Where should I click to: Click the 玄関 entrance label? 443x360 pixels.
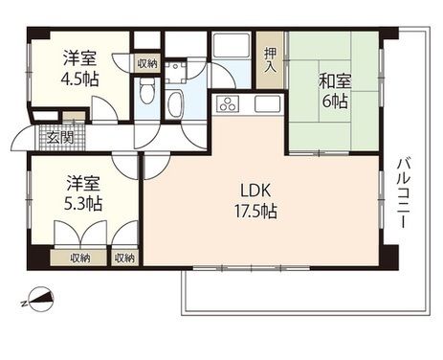click(x=60, y=138)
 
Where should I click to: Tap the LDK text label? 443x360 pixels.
click(x=255, y=191)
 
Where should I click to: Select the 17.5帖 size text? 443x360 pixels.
click(x=255, y=212)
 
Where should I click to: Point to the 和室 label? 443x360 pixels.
click(x=335, y=81)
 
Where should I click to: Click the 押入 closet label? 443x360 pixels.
click(x=271, y=59)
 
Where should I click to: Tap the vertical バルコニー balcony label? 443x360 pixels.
click(x=404, y=192)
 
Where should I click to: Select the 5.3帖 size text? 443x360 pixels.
click(x=83, y=204)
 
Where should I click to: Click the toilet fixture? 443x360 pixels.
click(x=146, y=91)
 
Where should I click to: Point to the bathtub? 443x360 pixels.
click(x=175, y=104)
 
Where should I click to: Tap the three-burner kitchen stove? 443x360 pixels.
click(x=228, y=103)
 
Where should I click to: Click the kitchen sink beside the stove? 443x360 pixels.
click(x=267, y=103)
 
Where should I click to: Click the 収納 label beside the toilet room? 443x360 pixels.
click(x=147, y=63)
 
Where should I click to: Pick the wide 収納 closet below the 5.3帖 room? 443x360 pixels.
click(x=78, y=258)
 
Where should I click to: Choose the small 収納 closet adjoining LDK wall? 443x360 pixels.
click(x=124, y=258)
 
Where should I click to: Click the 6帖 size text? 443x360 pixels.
click(x=335, y=101)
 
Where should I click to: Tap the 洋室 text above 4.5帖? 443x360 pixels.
click(x=79, y=58)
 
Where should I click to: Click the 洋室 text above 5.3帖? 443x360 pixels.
click(x=83, y=184)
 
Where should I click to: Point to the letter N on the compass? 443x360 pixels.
click(x=24, y=304)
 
